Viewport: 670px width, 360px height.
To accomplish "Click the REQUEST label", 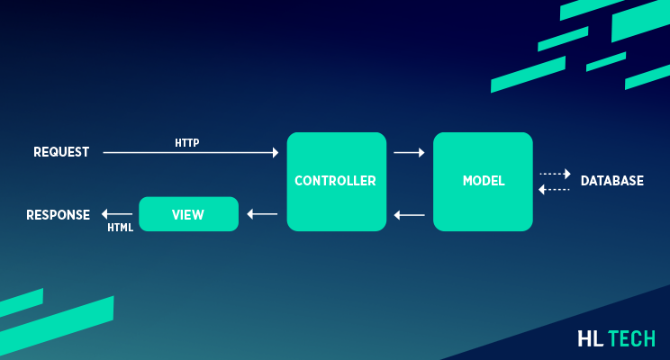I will (x=61, y=152).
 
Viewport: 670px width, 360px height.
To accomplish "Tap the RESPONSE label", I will (x=58, y=215).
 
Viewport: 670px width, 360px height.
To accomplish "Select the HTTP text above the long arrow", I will (x=187, y=142).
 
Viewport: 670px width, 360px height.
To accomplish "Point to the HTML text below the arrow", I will (x=120, y=228).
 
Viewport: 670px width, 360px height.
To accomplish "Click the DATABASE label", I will (x=611, y=181).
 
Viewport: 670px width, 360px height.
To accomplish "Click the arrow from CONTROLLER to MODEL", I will (x=409, y=152).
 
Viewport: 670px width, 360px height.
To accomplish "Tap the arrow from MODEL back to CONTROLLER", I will (x=409, y=215).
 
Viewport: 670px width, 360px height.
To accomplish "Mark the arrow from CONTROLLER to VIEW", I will (x=262, y=214).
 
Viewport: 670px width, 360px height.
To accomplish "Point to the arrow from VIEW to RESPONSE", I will (x=115, y=214).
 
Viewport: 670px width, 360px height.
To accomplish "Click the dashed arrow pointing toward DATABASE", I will (x=555, y=174).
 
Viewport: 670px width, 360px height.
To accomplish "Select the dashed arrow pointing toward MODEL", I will (x=555, y=189).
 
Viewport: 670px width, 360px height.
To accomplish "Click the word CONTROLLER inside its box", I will (x=336, y=181).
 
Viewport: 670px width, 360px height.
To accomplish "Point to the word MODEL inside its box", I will (x=483, y=181).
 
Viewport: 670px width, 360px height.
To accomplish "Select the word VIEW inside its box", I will (x=188, y=215).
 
